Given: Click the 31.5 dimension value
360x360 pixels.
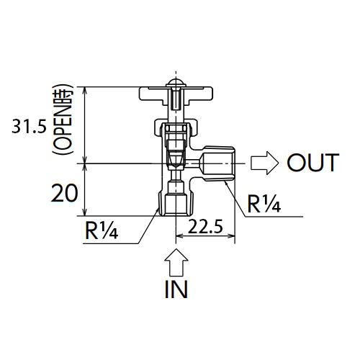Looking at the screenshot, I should pyautogui.click(x=29, y=128).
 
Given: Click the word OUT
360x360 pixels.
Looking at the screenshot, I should pyautogui.click(x=312, y=163).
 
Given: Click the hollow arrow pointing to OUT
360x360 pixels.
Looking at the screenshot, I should pyautogui.click(x=264, y=163).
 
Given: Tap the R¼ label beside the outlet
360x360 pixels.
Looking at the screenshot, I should pyautogui.click(x=264, y=205).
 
